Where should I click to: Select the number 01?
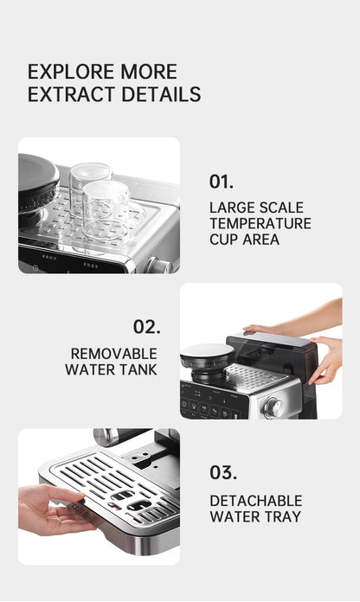(221, 182)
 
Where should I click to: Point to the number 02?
(147, 327)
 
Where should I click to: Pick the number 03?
(223, 472)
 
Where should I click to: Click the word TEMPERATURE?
(260, 223)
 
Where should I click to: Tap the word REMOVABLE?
(113, 354)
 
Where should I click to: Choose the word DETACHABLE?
(256, 501)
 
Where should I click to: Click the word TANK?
(138, 369)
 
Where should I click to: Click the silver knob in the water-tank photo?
(273, 407)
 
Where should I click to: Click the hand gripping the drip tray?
(53, 510)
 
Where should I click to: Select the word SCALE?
(281, 208)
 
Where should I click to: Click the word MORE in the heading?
(149, 72)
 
